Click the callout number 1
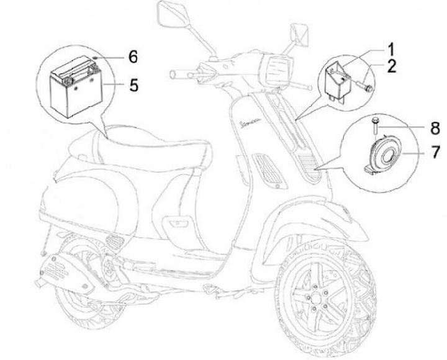[392, 47]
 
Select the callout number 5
[133, 84]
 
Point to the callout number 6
[132, 56]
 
